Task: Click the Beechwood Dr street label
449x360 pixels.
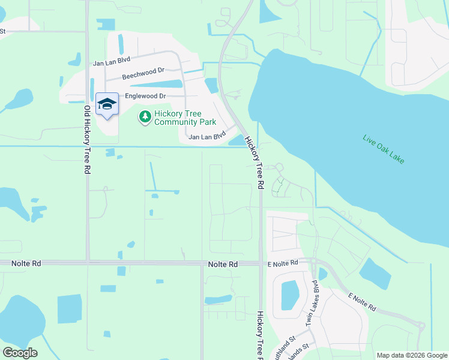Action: pos(143,74)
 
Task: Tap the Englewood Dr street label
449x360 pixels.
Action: pos(145,96)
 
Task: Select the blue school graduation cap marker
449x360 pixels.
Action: pos(107,104)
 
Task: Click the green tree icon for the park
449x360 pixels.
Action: pos(145,117)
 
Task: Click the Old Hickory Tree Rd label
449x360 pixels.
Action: pos(87,140)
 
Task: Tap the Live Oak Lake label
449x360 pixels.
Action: pos(384,148)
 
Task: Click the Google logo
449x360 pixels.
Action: pos(20,353)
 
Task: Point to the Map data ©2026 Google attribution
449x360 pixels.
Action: pos(411,355)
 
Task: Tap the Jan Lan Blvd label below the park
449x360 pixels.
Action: pos(206,137)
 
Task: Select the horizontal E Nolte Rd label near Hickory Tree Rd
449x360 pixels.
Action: pos(283,263)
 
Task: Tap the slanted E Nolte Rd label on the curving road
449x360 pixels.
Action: pos(362,302)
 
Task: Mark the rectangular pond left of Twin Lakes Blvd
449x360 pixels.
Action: pos(290,295)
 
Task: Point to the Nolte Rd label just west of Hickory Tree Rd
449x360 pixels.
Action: pos(223,264)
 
